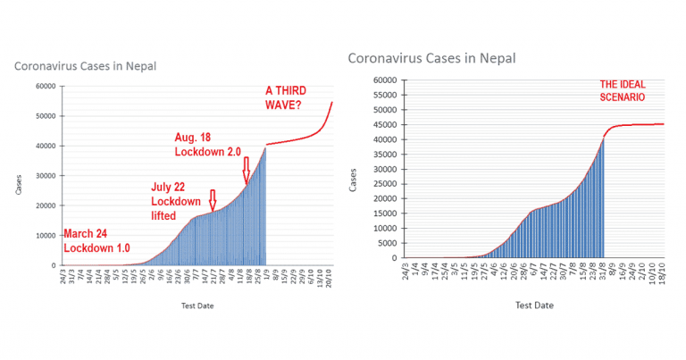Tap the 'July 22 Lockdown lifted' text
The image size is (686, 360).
click(176, 202)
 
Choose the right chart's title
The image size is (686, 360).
click(431, 59)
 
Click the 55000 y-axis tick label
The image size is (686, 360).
click(382, 95)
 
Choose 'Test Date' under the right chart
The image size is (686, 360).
click(534, 306)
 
